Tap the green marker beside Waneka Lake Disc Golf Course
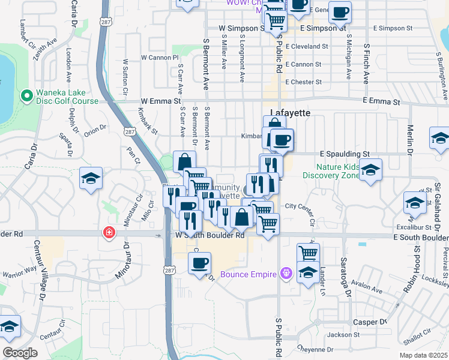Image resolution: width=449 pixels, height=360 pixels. coord(26,95)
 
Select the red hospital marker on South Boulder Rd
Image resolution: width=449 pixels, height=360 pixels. coord(109,232)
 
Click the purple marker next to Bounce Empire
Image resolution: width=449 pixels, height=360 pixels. coord(286,274)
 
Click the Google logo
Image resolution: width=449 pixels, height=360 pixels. coord(20,352)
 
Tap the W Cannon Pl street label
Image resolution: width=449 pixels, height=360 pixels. coord(160,58)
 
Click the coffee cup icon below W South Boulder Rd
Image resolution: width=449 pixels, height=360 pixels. coord(199,262)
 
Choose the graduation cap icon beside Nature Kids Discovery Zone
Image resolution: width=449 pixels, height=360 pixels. coord(370,170)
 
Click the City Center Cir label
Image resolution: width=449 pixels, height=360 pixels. coord(300,206)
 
